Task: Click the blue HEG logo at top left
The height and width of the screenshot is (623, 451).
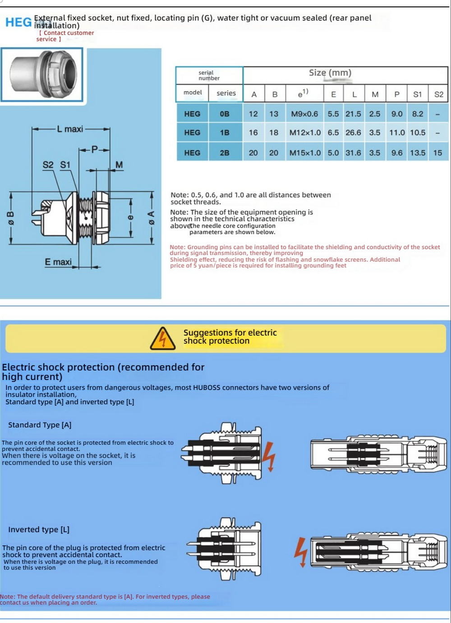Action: point(18,22)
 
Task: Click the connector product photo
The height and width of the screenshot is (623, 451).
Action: point(42,74)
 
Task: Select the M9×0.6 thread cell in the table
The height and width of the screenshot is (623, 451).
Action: point(304,114)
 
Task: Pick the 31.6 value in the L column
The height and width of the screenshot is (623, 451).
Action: point(353,153)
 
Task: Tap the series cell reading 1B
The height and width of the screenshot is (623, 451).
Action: point(225,133)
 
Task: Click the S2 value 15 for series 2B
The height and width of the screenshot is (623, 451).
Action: point(437,153)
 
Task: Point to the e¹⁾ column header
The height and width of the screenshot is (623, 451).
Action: point(303,94)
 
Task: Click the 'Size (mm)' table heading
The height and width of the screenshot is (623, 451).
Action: point(330,73)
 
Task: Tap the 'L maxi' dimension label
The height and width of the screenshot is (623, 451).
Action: point(70,129)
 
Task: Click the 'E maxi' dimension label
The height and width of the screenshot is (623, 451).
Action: point(58,261)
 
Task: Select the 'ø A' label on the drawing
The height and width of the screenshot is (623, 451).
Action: point(152,218)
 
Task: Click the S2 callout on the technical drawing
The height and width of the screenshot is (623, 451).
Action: point(48,165)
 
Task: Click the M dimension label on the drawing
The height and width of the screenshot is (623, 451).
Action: point(119,165)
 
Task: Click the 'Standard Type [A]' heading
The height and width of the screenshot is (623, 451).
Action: point(40,425)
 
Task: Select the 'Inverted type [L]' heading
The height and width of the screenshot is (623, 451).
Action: point(39,530)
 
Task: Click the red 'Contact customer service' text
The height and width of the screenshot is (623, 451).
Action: point(65,36)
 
